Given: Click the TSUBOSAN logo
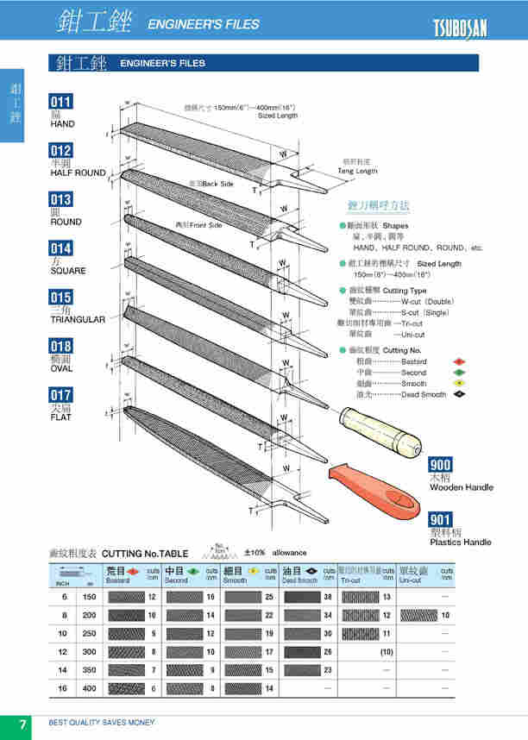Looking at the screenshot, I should [460, 28].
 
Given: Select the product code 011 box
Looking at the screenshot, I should [62, 102].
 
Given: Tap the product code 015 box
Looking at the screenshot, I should [62, 298].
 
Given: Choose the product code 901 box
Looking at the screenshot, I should [441, 520].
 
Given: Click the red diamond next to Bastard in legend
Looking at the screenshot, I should [460, 361].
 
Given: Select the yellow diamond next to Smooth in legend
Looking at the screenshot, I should [460, 383].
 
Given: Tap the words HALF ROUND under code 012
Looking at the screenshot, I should [78, 172].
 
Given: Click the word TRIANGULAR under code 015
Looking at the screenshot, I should [78, 319].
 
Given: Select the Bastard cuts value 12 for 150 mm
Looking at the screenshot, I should [152, 597].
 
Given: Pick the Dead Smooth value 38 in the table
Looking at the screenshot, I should [328, 597].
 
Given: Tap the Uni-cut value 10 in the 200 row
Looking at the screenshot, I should [445, 615].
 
